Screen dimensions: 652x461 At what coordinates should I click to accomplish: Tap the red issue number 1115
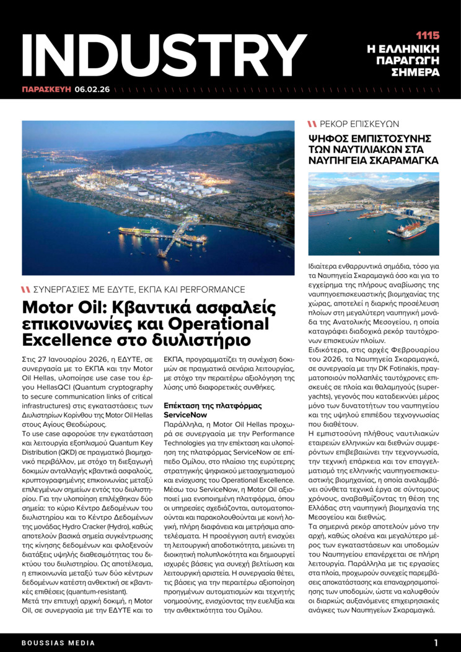tap(427, 35)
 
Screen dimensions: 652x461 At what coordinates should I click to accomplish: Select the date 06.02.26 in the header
tap(92, 89)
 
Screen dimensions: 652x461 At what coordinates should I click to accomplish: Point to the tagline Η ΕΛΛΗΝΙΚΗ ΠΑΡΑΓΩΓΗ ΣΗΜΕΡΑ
tap(411, 60)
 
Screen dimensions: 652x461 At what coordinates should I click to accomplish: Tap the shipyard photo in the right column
tap(374, 214)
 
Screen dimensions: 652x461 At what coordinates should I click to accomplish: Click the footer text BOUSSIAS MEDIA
tap(51, 643)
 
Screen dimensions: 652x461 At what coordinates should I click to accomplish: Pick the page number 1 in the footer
tap(436, 643)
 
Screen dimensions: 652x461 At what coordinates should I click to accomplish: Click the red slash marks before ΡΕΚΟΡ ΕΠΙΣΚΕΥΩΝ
tap(312, 124)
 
